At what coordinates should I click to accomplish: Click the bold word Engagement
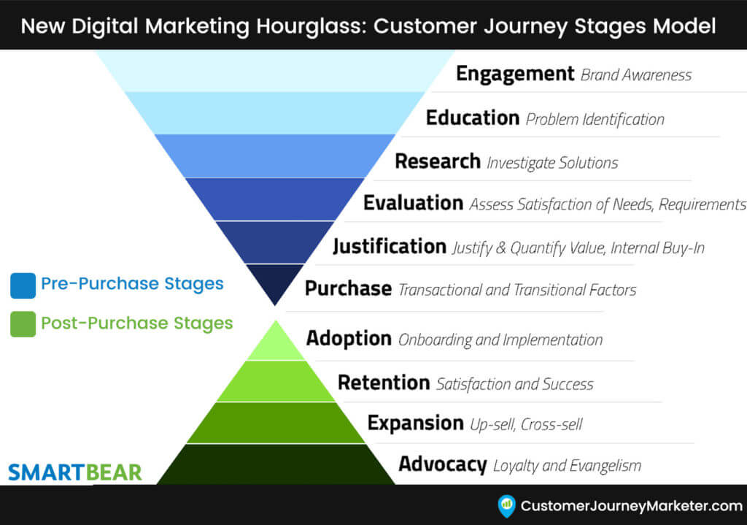[x=515, y=74]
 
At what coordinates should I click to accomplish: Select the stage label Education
[x=472, y=118]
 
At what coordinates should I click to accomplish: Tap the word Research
[x=438, y=161]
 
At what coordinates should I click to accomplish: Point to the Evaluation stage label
[x=413, y=203]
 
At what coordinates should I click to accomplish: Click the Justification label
[x=390, y=247]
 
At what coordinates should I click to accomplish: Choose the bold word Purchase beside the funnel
[x=348, y=289]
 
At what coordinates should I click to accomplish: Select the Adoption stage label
[x=349, y=339]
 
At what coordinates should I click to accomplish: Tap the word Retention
[x=384, y=383]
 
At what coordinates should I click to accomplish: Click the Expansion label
[x=415, y=423]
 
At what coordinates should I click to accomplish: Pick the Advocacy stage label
[x=442, y=464]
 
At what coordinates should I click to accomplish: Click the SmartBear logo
[x=75, y=472]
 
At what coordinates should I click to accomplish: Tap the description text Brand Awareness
[x=636, y=75]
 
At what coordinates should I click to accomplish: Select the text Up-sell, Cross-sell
[x=525, y=424]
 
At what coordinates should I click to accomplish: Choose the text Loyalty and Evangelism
[x=567, y=465]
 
